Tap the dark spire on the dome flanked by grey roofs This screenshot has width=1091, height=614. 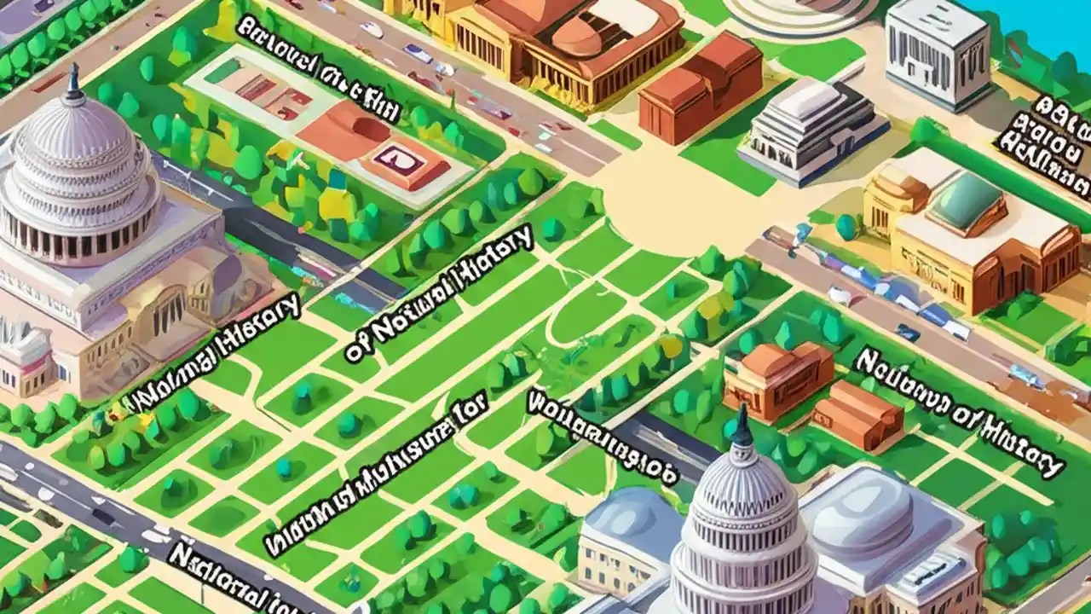click(742, 426)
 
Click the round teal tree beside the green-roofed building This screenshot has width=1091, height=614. click(846, 226)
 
